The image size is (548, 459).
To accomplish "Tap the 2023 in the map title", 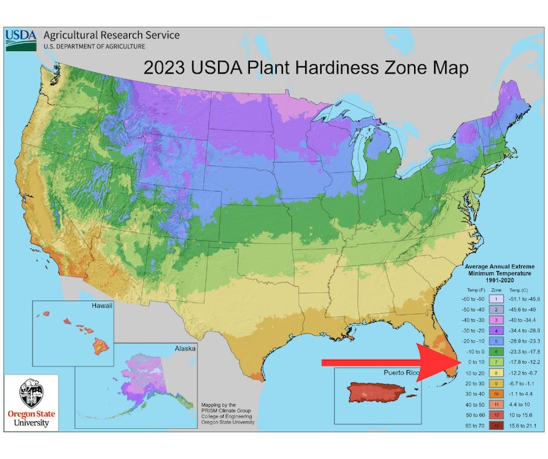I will click(163, 69).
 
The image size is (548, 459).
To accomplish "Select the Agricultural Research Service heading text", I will click(111, 35).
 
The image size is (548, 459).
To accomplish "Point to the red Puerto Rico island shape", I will click(379, 397).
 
